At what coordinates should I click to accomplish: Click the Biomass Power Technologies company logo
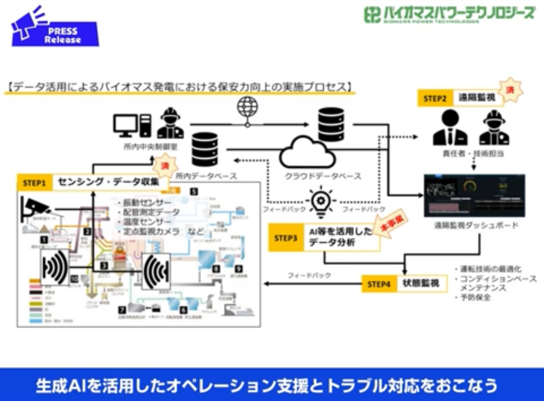tap(450, 15)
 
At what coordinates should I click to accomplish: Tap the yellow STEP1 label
tap(34, 183)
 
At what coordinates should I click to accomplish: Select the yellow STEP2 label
tap(434, 99)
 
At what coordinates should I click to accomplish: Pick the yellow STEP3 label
tap(285, 238)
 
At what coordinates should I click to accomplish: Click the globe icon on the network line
tap(248, 107)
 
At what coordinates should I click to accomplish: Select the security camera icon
tap(35, 208)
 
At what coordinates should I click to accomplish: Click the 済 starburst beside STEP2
tap(510, 90)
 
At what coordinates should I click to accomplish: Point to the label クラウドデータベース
tap(323, 176)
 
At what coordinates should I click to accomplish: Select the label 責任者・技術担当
tap(473, 154)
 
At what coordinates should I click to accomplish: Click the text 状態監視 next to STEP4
tap(421, 283)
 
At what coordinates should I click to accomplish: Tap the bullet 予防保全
tap(475, 297)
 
